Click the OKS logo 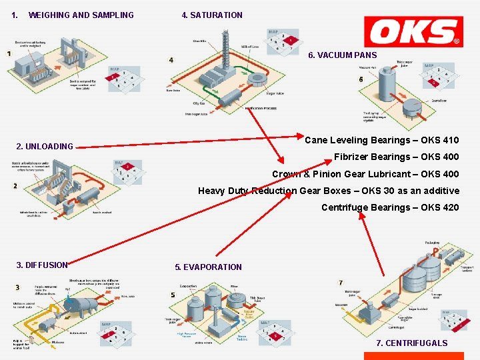click(413, 31)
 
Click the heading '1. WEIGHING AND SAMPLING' click(73, 15)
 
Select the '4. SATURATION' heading click(212, 15)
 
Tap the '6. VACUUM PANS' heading click(342, 55)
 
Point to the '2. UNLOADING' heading click(45, 147)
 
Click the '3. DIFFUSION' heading click(42, 265)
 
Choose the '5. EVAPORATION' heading click(208, 267)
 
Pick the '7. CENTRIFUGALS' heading click(412, 343)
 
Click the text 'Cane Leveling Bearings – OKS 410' click(381, 140)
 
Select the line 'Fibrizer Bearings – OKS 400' click(396, 157)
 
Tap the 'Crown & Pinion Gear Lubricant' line click(365, 174)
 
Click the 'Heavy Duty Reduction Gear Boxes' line click(328, 191)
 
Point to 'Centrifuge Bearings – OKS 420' click(390, 207)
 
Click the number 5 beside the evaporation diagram click(173, 295)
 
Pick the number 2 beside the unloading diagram click(15, 186)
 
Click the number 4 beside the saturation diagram click(171, 60)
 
